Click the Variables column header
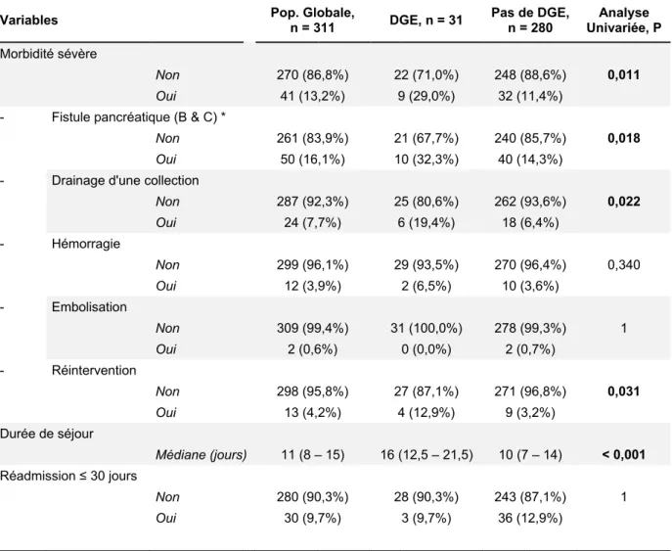pyautogui.click(x=28, y=21)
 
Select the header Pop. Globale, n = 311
pyautogui.click(x=312, y=21)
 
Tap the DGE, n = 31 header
pyautogui.click(x=426, y=21)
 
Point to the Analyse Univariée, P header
pyautogui.click(x=623, y=21)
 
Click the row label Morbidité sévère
pyautogui.click(x=49, y=54)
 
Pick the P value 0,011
pyautogui.click(x=623, y=75)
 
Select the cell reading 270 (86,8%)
pyautogui.click(x=312, y=75)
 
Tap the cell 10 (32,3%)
pyautogui.click(x=426, y=160)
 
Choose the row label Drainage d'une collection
pyautogui.click(x=125, y=180)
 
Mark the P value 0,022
pyautogui.click(x=623, y=202)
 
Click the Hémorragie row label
pyautogui.click(x=86, y=244)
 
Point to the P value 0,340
pyautogui.click(x=623, y=265)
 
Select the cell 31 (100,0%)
pyautogui.click(x=426, y=329)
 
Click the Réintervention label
pyautogui.click(x=94, y=371)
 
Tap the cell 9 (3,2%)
pyautogui.click(x=530, y=413)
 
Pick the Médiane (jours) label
pyautogui.click(x=201, y=455)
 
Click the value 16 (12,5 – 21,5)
pyautogui.click(x=426, y=455)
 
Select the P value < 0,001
pyautogui.click(x=623, y=455)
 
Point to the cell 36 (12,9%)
pyautogui.click(x=530, y=519)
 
